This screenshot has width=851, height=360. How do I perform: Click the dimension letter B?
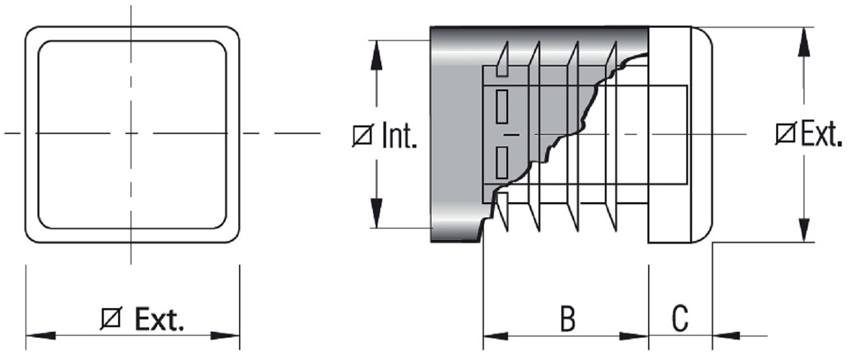coord(567,319)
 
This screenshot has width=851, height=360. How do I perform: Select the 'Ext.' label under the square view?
coord(158,319)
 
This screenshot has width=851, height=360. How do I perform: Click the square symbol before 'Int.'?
coord(362,136)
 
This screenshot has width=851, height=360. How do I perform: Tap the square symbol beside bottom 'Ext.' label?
coord(112,319)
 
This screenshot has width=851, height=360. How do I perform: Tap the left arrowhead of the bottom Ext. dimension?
coord(40,336)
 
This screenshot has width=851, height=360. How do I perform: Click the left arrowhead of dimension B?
coord(496,336)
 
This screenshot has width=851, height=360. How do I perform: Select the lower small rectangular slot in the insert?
coord(503,161)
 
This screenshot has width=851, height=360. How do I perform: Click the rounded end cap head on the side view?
coord(681,135)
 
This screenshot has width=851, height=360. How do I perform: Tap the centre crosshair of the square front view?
coord(132,133)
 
